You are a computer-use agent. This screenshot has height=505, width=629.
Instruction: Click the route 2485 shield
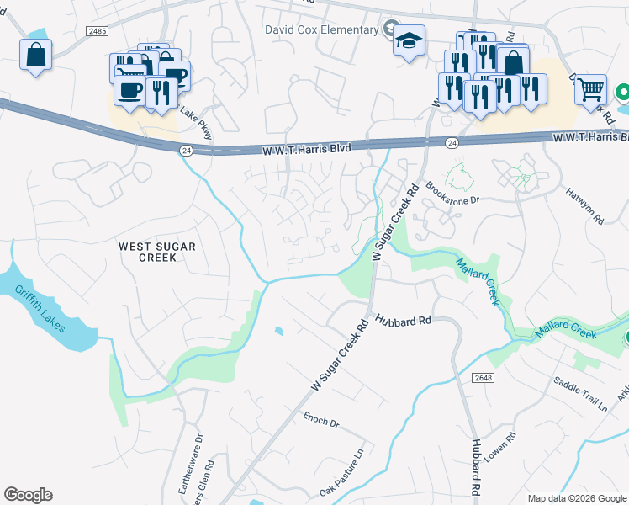[x=97, y=31]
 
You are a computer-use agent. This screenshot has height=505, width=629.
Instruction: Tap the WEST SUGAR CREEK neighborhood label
[x=157, y=252]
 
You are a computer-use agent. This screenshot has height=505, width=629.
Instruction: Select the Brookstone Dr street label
[x=452, y=194]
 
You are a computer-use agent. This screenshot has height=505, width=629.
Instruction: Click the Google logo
[x=28, y=495]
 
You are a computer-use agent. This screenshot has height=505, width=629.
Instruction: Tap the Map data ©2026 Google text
[x=577, y=497]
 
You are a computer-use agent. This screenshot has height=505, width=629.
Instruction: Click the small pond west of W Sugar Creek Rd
[x=279, y=331]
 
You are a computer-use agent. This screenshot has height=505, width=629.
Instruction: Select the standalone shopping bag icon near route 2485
[x=36, y=56]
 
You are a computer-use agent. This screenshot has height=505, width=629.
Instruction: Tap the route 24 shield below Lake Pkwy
[x=186, y=150]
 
